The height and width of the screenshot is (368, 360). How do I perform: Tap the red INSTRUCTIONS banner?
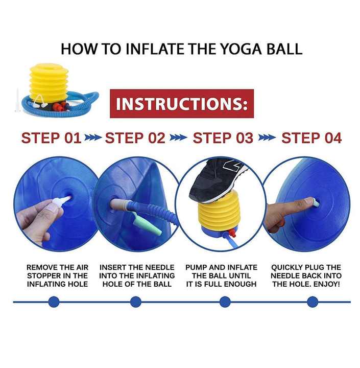click(182, 103)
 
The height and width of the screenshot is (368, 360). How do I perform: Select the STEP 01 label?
click(51, 138)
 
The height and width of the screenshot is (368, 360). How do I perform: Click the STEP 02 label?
click(135, 138)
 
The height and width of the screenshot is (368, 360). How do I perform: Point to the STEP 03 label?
click(223, 138)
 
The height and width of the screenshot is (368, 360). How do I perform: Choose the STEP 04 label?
click(311, 138)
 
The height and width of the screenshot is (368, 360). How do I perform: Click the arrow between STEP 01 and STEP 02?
click(93, 137)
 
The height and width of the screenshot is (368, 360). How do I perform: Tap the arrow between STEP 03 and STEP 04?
click(267, 137)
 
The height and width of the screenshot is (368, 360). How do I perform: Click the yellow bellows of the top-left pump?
click(49, 83)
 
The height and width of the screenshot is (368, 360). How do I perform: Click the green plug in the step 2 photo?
click(148, 224)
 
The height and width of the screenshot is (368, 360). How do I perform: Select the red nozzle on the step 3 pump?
click(232, 233)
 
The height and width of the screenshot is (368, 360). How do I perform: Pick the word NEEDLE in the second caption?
click(160, 267)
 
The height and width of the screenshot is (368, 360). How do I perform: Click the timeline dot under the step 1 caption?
click(54, 302)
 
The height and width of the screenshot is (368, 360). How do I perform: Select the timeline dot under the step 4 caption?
click(313, 302)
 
